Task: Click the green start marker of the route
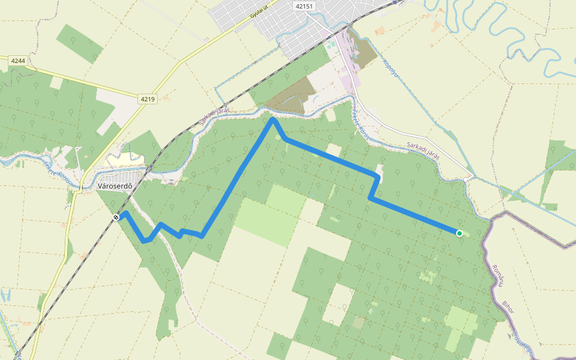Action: click(x=459, y=233)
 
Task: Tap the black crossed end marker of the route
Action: click(x=116, y=217)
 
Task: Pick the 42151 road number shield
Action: click(x=304, y=6)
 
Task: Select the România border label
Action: click(x=497, y=275)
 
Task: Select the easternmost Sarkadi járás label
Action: click(x=424, y=149)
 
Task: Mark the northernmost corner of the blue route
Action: click(x=273, y=119)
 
